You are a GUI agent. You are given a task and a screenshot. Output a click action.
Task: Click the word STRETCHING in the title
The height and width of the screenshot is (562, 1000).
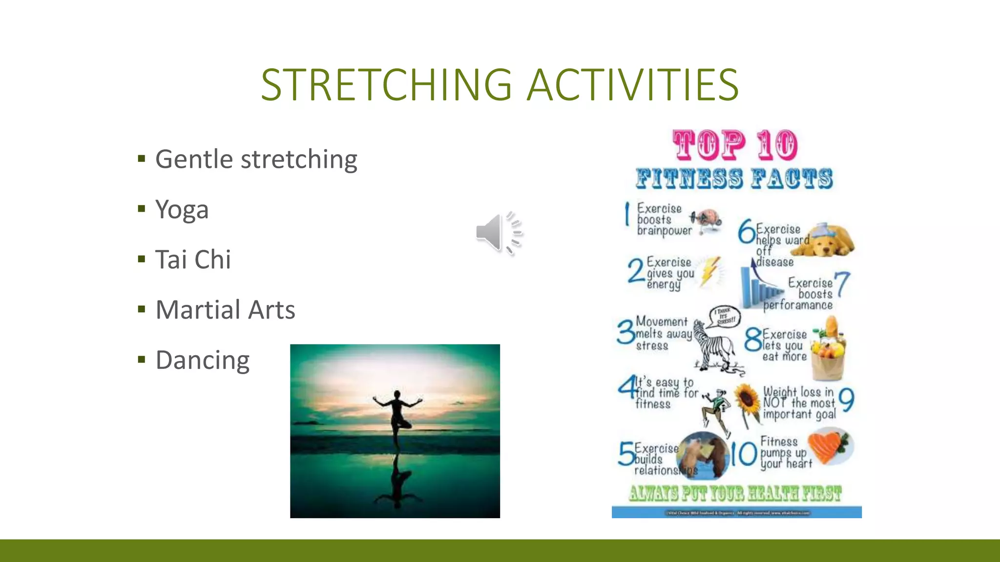tap(386, 85)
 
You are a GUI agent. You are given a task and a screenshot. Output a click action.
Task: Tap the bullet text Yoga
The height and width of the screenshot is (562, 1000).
tap(182, 210)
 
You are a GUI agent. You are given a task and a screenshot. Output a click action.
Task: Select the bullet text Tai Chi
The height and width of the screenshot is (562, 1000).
tap(193, 260)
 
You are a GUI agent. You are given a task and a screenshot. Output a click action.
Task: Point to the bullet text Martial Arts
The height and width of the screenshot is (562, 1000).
tap(225, 310)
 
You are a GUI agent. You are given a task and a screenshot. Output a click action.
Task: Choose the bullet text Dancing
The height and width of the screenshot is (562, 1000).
tap(202, 360)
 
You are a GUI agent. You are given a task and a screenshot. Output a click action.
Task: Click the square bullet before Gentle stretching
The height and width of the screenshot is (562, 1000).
tap(142, 159)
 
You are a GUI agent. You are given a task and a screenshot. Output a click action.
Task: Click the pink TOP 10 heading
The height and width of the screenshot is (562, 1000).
tap(735, 145)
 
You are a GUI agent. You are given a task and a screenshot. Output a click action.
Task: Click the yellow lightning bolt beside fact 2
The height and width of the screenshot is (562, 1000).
tap(709, 271)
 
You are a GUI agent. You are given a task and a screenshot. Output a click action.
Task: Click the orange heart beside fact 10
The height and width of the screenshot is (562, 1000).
tap(828, 447)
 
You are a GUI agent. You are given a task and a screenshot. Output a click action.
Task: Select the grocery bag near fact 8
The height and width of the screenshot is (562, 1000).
tap(829, 350)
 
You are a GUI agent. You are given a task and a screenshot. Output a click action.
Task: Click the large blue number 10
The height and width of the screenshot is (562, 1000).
tap(743, 454)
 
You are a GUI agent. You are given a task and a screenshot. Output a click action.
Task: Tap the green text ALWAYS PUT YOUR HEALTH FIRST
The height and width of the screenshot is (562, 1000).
tap(735, 494)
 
